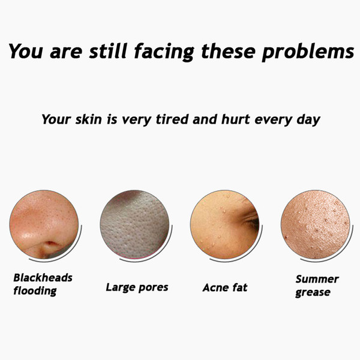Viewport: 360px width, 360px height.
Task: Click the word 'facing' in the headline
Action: [164, 52]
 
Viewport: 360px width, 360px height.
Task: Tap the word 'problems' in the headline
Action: [308, 52]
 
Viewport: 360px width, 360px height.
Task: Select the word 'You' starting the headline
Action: [25, 51]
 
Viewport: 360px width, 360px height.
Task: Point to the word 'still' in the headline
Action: [108, 50]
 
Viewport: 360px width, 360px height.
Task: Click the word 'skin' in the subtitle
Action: [88, 119]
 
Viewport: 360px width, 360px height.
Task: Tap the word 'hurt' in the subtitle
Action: [236, 119]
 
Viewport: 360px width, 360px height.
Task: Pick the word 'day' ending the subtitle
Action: [308, 121]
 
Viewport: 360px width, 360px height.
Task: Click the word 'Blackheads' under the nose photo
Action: [43, 278]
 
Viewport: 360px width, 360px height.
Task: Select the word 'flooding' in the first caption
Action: [35, 291]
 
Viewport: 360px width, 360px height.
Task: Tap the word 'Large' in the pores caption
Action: [121, 288]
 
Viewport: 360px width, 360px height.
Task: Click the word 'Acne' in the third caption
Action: [216, 287]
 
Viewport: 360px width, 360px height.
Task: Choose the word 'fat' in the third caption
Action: [240, 287]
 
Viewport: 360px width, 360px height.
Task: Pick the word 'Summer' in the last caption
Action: [317, 279]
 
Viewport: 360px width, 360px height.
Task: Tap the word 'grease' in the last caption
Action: [313, 293]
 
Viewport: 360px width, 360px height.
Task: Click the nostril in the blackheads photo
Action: [50, 244]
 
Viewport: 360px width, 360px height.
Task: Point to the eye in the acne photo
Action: [252, 221]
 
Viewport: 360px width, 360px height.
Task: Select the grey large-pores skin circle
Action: [134, 224]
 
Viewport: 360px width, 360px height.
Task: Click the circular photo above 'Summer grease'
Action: [316, 224]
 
